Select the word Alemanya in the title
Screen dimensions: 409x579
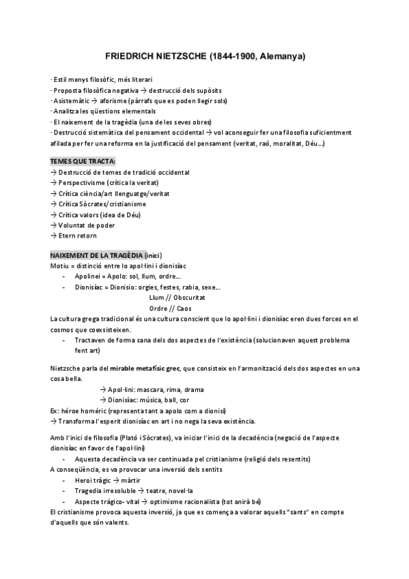click(283, 55)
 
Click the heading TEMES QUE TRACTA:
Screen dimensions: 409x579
click(83, 161)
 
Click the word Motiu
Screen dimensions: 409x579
click(59, 265)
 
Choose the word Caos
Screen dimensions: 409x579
click(184, 308)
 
